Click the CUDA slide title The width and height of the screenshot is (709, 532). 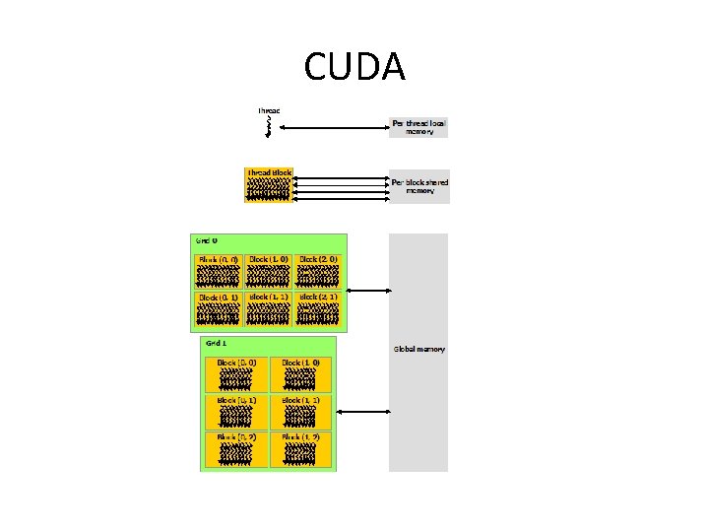(354, 66)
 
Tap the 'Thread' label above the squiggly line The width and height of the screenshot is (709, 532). (269, 110)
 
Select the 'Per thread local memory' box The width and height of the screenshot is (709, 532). (419, 127)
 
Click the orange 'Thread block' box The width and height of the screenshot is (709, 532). (269, 184)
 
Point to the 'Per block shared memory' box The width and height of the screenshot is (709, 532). (419, 185)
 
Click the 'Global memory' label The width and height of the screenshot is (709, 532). (419, 349)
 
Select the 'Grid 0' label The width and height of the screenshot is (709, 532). (205, 240)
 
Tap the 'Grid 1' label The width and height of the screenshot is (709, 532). (216, 343)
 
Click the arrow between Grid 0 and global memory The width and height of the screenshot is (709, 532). (369, 289)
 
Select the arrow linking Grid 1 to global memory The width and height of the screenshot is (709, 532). (363, 410)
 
